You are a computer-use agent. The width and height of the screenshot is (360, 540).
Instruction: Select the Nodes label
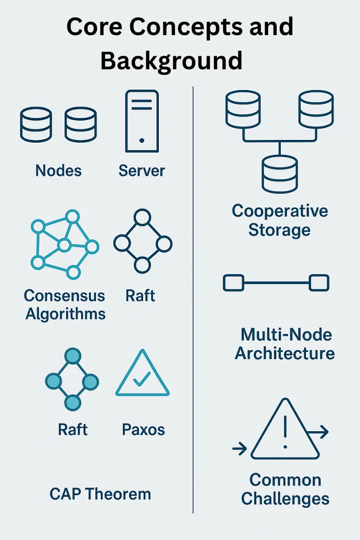coord(58,171)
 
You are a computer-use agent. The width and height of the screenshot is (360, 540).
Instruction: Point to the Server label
coord(142,171)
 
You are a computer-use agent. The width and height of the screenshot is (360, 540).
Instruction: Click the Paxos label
coord(144,430)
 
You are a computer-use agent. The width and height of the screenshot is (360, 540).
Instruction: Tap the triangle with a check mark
coord(142,376)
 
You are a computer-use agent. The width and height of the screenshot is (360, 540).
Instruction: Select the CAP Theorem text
coord(100,494)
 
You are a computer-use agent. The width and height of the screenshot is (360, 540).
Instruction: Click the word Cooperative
coord(280,211)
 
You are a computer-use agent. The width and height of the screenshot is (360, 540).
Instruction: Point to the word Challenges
coord(285,499)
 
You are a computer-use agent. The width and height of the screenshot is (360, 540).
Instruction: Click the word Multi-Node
coord(286,334)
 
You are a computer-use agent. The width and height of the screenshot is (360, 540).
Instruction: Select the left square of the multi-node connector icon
coord(233,283)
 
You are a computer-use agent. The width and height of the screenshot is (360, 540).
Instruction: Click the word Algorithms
coord(66,314)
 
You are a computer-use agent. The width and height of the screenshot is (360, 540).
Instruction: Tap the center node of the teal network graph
coord(64,245)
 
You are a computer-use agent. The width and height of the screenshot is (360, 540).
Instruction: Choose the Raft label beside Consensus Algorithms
coord(140,296)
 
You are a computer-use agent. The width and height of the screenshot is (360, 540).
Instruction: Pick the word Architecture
coord(285,353)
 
